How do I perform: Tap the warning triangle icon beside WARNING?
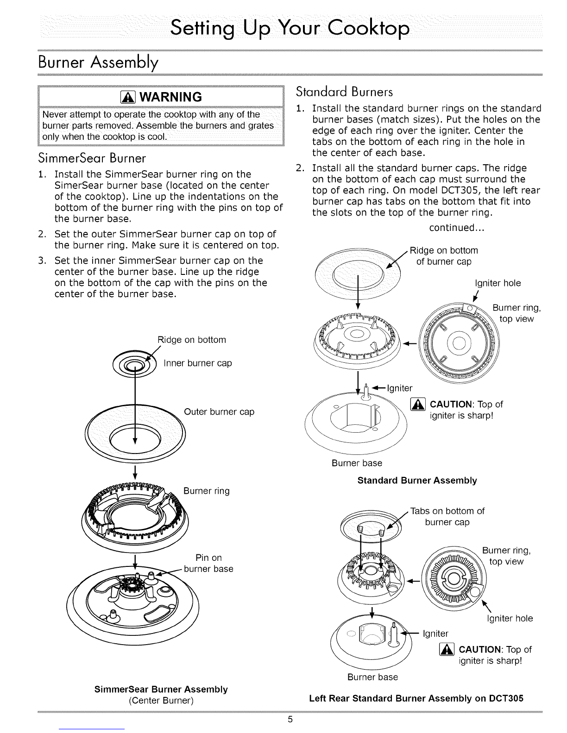(x=128, y=97)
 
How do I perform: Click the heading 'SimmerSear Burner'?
(x=92, y=158)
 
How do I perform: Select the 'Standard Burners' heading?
(x=345, y=92)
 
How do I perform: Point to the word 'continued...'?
(x=457, y=228)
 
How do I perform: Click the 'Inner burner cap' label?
(x=197, y=363)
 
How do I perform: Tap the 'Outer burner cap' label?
(x=219, y=411)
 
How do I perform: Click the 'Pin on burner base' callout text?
(x=208, y=563)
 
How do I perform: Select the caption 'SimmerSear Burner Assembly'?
(x=161, y=689)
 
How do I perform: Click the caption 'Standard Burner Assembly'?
(x=417, y=480)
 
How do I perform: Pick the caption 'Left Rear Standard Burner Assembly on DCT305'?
(x=416, y=698)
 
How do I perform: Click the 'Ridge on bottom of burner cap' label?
(x=444, y=256)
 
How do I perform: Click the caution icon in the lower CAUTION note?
(x=447, y=649)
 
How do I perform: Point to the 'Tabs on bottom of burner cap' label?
(x=447, y=516)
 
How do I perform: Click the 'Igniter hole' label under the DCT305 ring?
(x=510, y=618)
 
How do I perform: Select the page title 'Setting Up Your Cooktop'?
(x=290, y=28)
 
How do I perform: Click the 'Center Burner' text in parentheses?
(x=161, y=700)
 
